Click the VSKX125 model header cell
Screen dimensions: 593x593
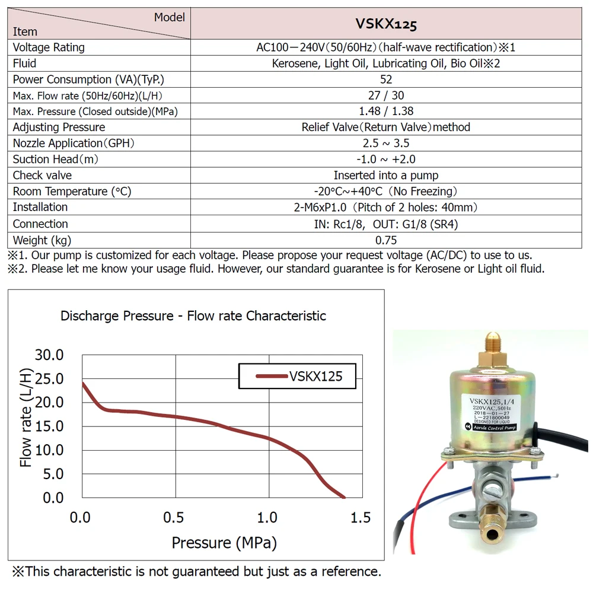click(x=386, y=24)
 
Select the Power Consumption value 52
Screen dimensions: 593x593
click(x=386, y=79)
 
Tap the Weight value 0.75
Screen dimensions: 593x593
click(x=386, y=240)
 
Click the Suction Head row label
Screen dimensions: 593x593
click(x=56, y=159)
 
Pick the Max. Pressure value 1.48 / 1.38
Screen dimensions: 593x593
click(x=386, y=111)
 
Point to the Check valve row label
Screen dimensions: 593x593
click(x=42, y=175)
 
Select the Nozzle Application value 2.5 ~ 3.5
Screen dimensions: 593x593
click(x=386, y=143)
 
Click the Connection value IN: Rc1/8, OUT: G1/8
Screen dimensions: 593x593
click(x=386, y=224)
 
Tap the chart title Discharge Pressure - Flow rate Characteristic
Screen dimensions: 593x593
click(x=193, y=315)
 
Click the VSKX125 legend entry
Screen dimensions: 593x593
click(x=298, y=376)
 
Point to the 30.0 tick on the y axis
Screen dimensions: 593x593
click(x=49, y=355)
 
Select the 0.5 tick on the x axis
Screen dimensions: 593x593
click(x=174, y=518)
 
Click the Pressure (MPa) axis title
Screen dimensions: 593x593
click(x=224, y=542)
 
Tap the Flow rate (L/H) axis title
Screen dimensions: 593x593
click(x=25, y=418)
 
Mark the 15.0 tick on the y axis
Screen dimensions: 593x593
click(x=49, y=426)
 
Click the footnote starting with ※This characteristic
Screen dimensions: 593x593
click(x=196, y=572)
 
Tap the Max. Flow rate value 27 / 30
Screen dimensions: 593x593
click(x=386, y=95)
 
